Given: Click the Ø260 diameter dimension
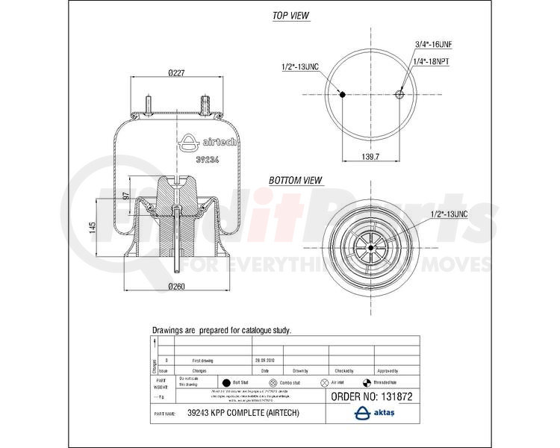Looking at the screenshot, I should point(176,286).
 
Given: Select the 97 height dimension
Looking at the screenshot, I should point(127,195).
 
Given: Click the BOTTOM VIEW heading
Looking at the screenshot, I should point(296,180).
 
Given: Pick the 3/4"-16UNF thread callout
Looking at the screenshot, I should point(435,45).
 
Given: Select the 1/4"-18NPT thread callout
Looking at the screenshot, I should point(433,59).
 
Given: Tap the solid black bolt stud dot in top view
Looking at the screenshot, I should point(342,95).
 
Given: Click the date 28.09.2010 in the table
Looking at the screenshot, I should point(266,361).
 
